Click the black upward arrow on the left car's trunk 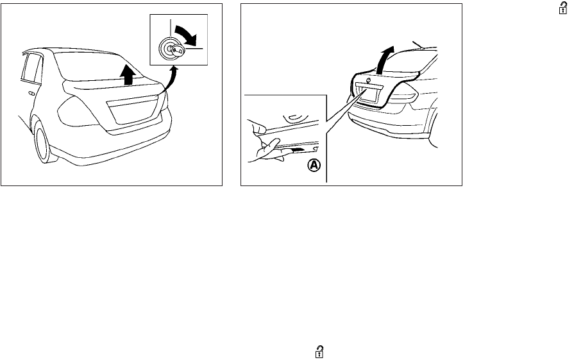click(x=129, y=76)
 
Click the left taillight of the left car click(x=75, y=114)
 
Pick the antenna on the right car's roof click(x=421, y=44)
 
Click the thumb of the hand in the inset click(x=260, y=128)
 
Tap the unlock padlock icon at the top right click(x=550, y=8)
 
